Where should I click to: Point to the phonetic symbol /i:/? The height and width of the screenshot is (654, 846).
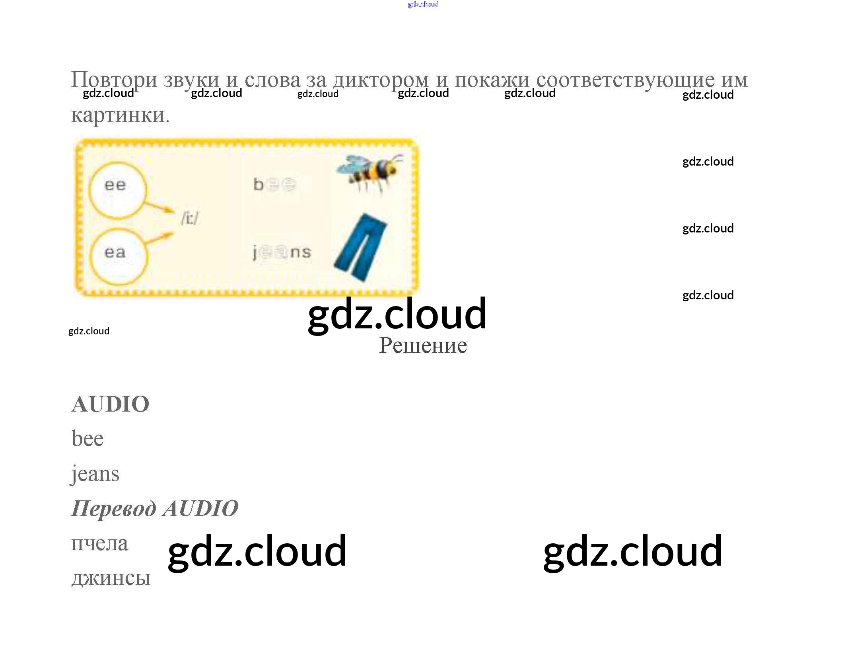[190, 218]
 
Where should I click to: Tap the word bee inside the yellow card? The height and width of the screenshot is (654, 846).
[274, 184]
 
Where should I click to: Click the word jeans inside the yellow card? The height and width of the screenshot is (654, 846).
[282, 252]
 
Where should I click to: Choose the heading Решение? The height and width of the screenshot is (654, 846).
[423, 346]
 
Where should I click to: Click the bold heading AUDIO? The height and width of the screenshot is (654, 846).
[110, 404]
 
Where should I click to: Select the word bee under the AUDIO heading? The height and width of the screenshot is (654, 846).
[88, 439]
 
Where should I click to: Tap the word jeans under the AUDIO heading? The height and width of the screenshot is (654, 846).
[95, 474]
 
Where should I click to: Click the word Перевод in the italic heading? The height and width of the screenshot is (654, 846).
[114, 509]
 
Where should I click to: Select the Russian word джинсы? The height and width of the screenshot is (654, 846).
[111, 578]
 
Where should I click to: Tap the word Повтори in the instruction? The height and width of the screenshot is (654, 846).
[114, 80]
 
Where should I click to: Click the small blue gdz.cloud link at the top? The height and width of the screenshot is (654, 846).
[422, 4]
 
